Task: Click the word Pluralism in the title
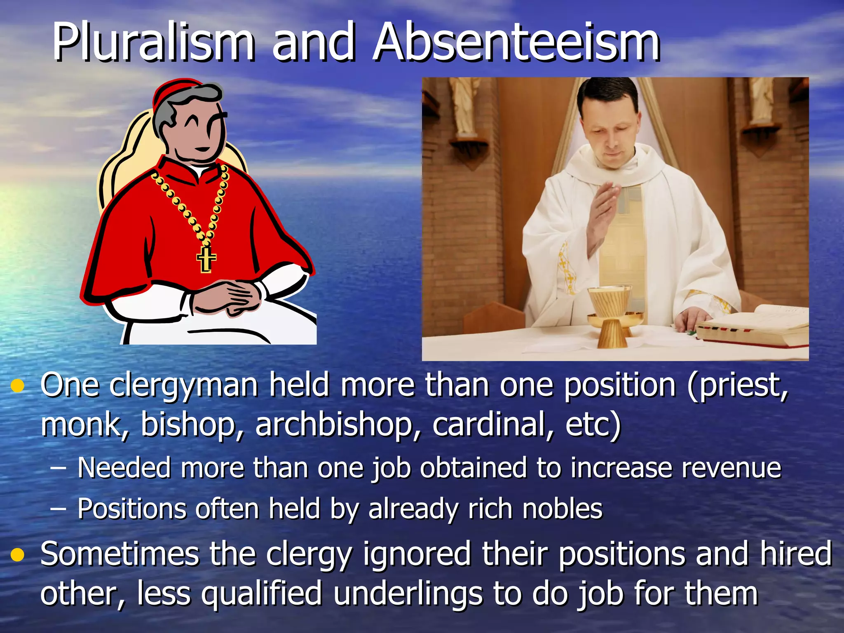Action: pos(153,42)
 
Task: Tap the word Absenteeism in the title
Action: pos(517,42)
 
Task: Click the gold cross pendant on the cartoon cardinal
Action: pos(206,259)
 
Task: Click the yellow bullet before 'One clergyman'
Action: pos(18,386)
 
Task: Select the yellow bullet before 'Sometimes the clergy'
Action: pos(18,555)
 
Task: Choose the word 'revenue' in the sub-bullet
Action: pos(731,468)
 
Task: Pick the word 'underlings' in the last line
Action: pos(408,594)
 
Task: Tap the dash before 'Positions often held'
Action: pos(58,509)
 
